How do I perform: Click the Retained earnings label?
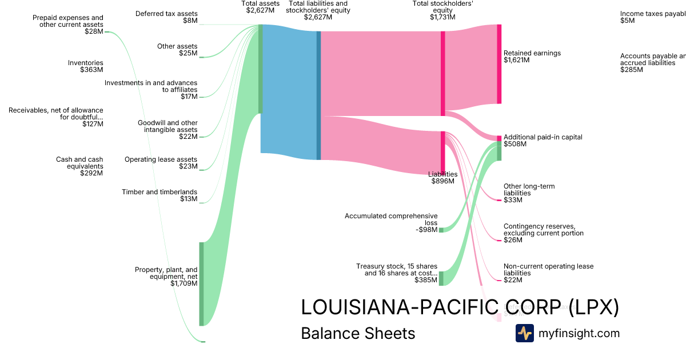point(532,53)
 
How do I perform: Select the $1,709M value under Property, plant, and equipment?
point(184,283)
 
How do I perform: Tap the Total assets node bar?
point(261,69)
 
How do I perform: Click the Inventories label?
point(85,63)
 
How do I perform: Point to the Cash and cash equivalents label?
point(79,163)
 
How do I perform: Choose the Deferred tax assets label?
point(166,14)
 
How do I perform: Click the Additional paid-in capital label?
point(543,137)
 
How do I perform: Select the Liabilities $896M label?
point(443,178)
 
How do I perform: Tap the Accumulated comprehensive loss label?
point(391,219)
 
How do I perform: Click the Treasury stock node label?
point(397,270)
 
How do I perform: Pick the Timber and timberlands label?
point(159,192)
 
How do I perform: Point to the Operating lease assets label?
point(161,159)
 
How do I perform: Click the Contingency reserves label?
point(543,230)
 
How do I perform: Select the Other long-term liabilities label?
point(529,190)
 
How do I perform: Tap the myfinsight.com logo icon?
point(525,333)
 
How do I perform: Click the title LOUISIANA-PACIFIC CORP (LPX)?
point(460,307)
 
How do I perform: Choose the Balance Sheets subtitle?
point(358,333)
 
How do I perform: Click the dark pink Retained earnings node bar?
point(499,64)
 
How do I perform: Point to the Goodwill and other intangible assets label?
point(167,126)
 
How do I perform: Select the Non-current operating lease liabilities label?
point(548,270)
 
